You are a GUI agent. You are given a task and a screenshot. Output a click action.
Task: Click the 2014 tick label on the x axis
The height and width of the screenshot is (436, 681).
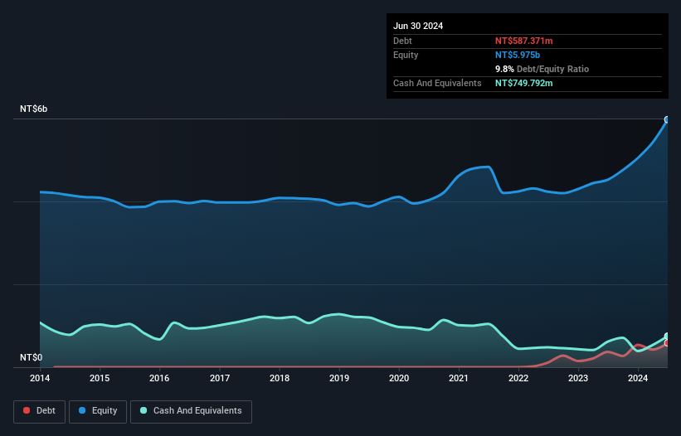point(40,379)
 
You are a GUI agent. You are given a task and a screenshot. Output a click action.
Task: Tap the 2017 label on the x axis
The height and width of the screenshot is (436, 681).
point(220,379)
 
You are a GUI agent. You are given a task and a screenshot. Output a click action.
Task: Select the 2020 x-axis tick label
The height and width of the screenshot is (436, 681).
point(399,379)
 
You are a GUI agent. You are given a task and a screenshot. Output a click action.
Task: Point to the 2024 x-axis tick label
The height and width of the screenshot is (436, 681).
point(638,379)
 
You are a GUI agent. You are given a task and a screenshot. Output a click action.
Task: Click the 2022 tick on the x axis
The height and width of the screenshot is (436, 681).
point(518,379)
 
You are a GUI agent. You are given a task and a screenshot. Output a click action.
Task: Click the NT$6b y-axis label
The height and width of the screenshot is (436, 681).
point(34,109)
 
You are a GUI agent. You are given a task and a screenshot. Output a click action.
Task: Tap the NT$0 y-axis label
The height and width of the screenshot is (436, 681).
point(31,357)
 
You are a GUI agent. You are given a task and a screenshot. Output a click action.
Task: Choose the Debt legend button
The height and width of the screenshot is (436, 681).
point(40,410)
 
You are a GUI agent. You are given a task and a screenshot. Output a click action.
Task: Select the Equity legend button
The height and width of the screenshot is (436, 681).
point(98,410)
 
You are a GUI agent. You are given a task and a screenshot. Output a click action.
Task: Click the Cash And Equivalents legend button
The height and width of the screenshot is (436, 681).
point(191,410)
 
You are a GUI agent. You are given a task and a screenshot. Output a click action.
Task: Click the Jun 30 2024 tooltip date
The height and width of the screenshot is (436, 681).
point(418,26)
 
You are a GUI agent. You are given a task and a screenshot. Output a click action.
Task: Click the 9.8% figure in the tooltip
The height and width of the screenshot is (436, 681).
point(506,69)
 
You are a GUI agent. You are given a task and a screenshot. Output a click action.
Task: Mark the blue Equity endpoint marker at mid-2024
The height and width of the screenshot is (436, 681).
point(667,119)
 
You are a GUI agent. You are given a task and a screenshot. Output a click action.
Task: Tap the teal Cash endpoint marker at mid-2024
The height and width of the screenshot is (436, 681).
point(667,337)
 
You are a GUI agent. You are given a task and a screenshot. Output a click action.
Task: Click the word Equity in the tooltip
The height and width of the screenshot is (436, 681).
point(406,55)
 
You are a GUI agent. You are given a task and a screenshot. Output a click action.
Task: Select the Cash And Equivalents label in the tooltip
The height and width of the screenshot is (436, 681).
point(437,84)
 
